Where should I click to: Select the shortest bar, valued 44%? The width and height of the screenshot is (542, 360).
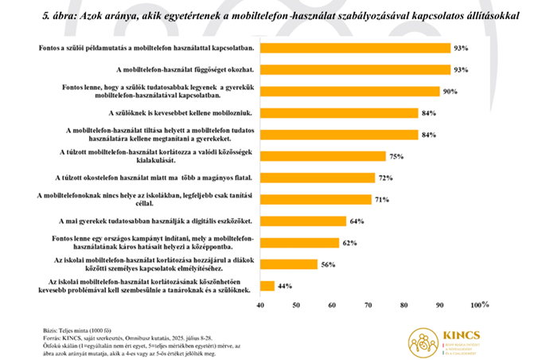[267, 285]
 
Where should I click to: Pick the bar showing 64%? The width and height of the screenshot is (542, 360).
[303, 221]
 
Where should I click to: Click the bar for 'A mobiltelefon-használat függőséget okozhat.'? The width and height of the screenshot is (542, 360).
[355, 69]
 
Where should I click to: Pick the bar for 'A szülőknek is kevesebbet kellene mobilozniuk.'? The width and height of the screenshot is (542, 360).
[339, 112]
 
